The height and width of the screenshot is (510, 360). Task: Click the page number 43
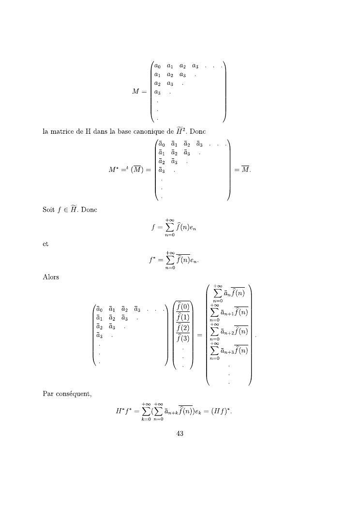tap(180, 433)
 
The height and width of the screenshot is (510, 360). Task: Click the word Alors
tap(51, 278)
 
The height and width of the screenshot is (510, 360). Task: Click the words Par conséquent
tap(67, 394)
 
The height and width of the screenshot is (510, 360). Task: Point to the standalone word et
tap(46, 244)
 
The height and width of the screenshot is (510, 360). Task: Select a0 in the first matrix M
tap(157, 66)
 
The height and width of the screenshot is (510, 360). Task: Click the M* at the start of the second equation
tap(114, 170)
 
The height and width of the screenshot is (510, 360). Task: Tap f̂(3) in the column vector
tap(183, 339)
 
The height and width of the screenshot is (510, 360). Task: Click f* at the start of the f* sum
tap(152, 260)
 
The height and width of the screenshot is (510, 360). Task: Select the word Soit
tap(49, 210)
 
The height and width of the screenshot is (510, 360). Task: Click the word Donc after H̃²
tap(201, 131)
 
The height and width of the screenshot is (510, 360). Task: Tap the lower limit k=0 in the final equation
tap(145, 419)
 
